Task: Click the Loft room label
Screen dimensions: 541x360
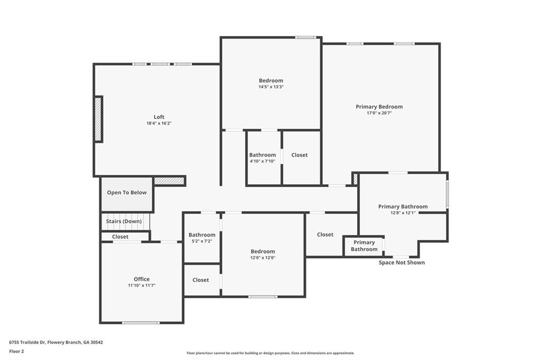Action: [x=159, y=117]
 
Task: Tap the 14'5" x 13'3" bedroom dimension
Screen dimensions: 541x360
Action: [x=271, y=87]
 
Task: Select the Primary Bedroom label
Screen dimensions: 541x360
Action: [x=379, y=107]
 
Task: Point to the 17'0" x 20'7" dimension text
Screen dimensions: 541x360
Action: [x=379, y=113]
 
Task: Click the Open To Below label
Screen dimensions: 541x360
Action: [x=127, y=193]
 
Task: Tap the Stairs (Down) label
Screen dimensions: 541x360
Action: [x=124, y=221]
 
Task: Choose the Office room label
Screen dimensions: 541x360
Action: [x=142, y=279]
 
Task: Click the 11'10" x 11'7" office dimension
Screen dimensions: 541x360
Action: [x=142, y=285]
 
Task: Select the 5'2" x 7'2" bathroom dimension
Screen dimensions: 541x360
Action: [x=202, y=241]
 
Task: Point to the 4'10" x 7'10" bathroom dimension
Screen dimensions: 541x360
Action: [x=263, y=161]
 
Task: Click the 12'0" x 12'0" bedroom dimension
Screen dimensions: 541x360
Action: [x=263, y=258]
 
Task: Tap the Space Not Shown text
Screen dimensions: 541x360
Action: [x=402, y=262]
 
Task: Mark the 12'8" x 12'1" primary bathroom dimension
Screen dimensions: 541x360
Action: [x=403, y=213]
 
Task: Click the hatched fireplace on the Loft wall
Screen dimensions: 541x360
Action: [x=99, y=119]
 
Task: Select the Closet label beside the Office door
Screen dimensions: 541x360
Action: [x=120, y=237]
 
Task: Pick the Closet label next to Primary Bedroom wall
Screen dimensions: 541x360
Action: [x=300, y=155]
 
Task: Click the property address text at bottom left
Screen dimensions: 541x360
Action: [x=56, y=343]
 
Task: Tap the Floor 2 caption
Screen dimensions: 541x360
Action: [x=16, y=352]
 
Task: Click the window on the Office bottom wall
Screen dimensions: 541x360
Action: [x=141, y=323]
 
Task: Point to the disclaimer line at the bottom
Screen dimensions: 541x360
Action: [x=270, y=353]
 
